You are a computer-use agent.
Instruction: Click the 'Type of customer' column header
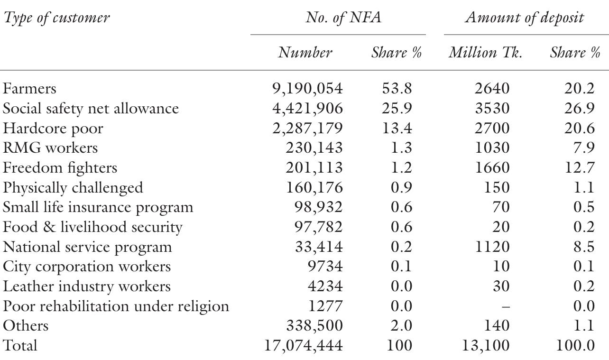[x=56, y=18]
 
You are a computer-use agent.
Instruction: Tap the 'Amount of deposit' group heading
[x=524, y=18]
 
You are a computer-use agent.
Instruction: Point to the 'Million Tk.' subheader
[x=485, y=52]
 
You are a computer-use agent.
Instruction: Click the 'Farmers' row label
[x=29, y=89]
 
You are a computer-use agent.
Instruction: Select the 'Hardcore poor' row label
[x=53, y=129]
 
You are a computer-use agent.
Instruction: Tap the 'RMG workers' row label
[x=50, y=148]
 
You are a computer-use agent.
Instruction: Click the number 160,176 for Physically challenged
[x=314, y=188]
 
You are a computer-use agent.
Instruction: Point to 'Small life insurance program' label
[x=98, y=208]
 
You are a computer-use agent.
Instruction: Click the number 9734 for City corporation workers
[x=325, y=267]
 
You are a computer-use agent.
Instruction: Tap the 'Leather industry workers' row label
[x=87, y=286]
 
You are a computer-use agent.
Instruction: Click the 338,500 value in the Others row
[x=314, y=326]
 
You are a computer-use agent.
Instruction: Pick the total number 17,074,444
[x=303, y=345]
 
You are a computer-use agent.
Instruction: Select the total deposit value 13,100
[x=486, y=345]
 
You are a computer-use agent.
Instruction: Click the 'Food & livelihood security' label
[x=92, y=227]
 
